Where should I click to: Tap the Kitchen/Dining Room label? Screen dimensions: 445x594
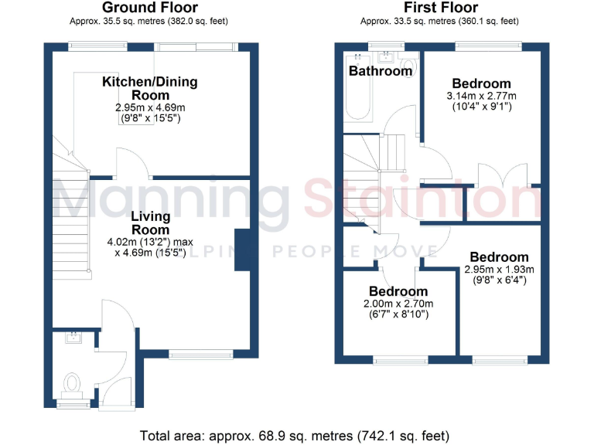pos(150,88)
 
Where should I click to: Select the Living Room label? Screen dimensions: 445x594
pos(150,223)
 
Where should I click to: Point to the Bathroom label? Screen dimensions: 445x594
pos(380,71)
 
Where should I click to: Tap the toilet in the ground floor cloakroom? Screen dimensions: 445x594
pos(73,382)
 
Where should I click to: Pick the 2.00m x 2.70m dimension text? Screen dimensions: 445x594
pos(398,304)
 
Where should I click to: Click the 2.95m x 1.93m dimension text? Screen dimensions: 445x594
pos(499,270)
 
